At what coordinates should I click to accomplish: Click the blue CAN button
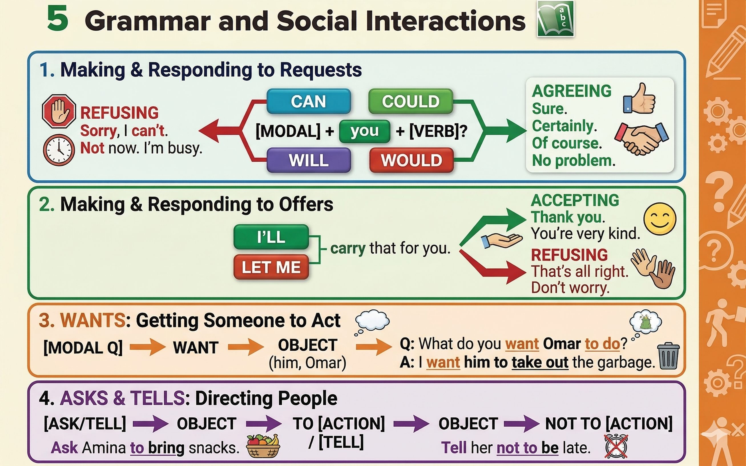309,101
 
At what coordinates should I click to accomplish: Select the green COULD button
411,101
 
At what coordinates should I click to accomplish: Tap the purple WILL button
309,160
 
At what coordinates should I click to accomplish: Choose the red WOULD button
412,160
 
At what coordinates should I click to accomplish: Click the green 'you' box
365,131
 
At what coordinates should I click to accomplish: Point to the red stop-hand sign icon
59,111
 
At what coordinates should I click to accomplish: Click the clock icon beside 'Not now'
59,150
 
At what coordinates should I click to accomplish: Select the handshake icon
642,138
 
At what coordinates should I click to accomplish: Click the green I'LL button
271,237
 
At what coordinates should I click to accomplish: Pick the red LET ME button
271,267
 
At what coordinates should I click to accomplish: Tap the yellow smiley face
660,219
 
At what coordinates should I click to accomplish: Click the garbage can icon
668,356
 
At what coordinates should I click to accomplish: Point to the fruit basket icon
263,446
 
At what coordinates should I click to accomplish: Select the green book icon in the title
555,19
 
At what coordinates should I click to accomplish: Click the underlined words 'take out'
540,362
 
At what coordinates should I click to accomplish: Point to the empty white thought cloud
372,321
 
